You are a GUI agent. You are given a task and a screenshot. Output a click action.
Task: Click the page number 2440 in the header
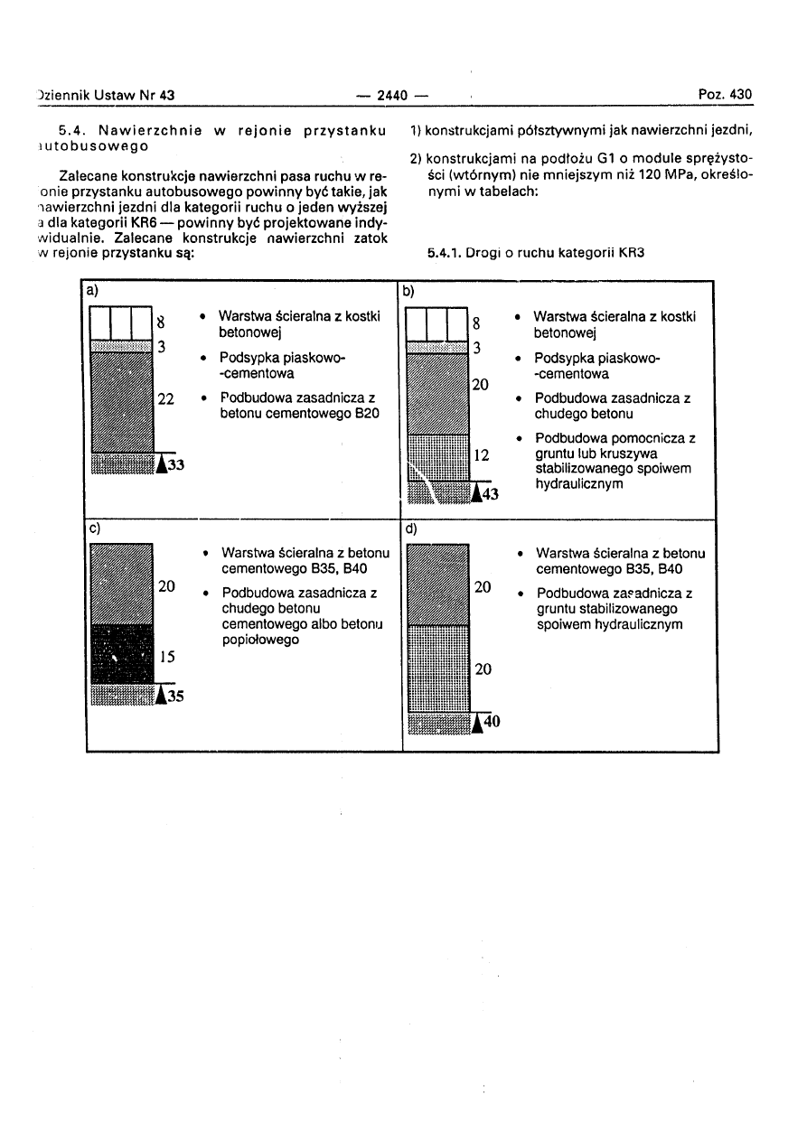[393, 95]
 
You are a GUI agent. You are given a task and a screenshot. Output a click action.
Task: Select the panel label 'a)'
[92, 291]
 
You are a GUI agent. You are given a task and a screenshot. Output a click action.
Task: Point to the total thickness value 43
[490, 493]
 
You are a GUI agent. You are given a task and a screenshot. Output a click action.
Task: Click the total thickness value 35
[174, 696]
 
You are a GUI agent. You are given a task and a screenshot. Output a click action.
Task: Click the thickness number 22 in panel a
[166, 398]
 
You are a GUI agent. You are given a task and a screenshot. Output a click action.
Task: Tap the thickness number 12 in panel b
[482, 456]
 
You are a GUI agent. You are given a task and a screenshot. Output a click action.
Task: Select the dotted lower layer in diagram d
[437, 669]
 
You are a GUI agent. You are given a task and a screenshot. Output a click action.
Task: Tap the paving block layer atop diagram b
[436, 324]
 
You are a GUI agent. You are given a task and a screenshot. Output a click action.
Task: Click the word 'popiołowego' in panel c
[261, 640]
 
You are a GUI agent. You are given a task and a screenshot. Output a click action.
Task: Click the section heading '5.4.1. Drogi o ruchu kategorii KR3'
[534, 255]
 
